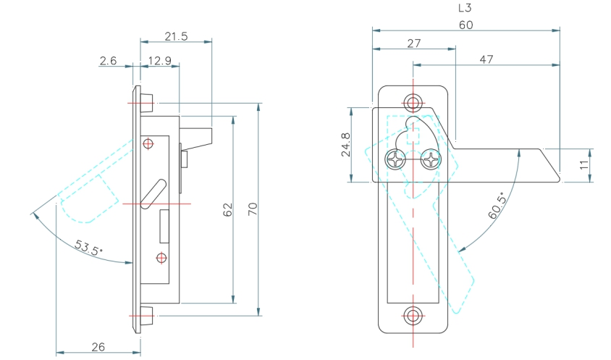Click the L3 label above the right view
point(466,9)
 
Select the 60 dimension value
point(466,25)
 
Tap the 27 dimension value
point(413,43)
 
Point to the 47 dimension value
point(486,59)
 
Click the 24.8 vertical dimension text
point(345,145)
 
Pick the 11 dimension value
point(584,165)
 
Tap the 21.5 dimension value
point(176,36)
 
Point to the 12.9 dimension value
point(159,61)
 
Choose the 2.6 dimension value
point(108,61)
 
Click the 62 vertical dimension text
point(227,210)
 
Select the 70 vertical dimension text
point(253,209)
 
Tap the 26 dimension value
point(98,347)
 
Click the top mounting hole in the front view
point(413,101)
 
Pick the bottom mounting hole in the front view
point(413,315)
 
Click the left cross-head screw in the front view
point(395,159)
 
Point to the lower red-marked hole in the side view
point(161,257)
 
